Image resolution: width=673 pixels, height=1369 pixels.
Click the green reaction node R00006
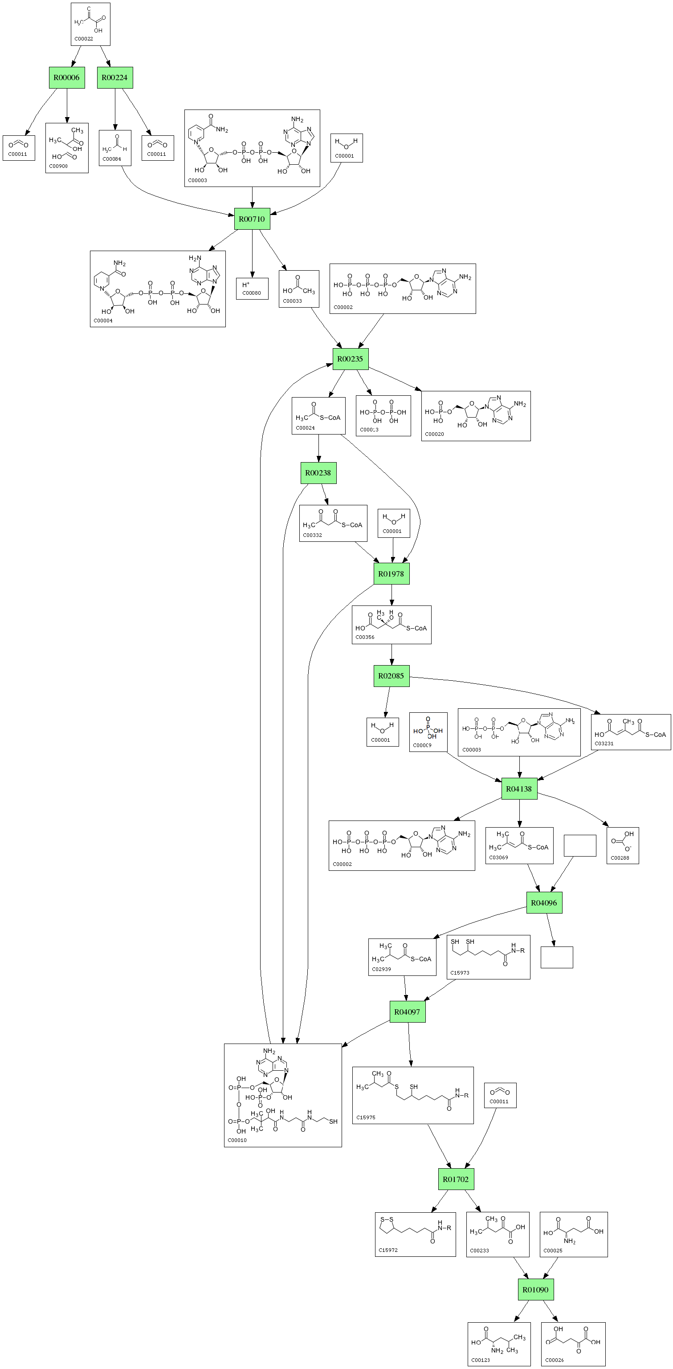(x=66, y=77)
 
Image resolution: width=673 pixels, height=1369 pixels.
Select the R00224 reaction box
(x=115, y=77)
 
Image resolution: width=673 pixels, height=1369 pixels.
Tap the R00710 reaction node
(x=252, y=219)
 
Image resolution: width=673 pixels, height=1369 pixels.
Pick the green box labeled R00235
(x=351, y=359)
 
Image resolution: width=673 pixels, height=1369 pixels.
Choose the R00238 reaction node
(x=318, y=473)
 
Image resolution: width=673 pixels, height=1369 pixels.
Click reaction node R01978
(x=391, y=574)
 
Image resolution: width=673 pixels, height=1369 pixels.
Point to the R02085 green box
(x=391, y=676)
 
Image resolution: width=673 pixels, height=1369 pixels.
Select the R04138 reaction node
(x=519, y=788)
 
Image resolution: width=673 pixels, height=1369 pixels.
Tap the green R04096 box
(x=544, y=903)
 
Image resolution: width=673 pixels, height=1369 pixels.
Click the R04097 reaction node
(x=408, y=1012)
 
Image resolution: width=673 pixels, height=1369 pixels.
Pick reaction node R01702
(x=456, y=1179)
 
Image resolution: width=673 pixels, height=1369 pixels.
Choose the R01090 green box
(x=536, y=1289)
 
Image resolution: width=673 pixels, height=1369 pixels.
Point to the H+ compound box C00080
(x=252, y=288)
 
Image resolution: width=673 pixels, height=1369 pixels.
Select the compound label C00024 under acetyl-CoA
(x=305, y=428)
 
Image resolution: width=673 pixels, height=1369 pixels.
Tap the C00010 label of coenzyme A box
(x=237, y=1140)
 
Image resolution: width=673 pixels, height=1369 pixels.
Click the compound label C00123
(x=481, y=1360)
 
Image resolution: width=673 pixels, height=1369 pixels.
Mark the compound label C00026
(x=555, y=1360)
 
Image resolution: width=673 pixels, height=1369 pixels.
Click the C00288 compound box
(x=623, y=845)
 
